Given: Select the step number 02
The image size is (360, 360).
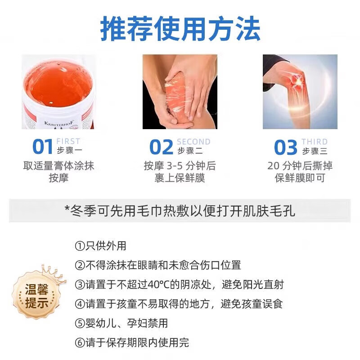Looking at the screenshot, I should (161, 148).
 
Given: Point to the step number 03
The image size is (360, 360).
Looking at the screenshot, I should (286, 148).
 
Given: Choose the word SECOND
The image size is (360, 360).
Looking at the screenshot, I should (193, 142).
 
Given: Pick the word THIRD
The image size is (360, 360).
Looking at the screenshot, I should (315, 142).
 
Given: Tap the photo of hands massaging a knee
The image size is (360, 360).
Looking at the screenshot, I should (180, 92).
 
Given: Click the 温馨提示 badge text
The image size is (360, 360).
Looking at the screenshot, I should (36, 296).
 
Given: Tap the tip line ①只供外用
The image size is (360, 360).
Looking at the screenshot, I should (100, 246).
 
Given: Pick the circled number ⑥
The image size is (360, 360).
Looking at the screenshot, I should (79, 343).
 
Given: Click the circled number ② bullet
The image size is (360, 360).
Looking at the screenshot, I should (79, 265).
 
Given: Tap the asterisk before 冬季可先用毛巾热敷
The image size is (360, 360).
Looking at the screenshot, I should (67, 210).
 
